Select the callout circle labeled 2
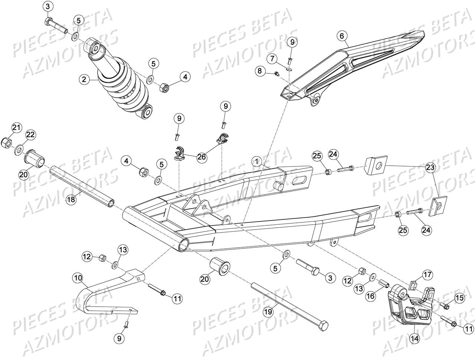84,79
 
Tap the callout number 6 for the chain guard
342,36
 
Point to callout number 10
78,277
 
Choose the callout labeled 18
71,200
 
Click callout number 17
427,275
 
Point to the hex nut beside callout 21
6,142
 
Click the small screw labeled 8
276,74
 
